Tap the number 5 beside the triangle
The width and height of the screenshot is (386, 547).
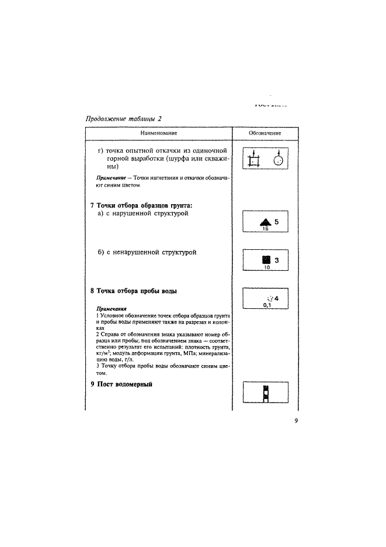(x=277, y=222)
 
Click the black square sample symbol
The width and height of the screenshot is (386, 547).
(x=266, y=260)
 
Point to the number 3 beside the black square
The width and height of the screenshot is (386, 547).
(x=277, y=261)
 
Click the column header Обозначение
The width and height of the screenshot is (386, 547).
(x=265, y=133)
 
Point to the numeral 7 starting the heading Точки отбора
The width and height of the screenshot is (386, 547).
(x=92, y=205)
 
